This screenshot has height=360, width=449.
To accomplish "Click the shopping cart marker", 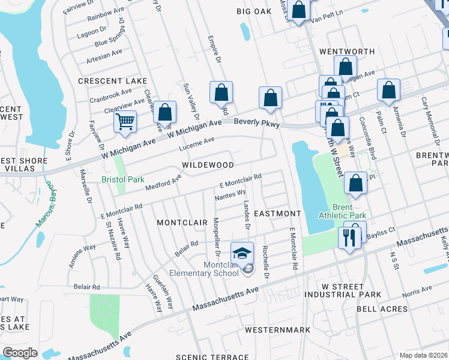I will [x=125, y=122].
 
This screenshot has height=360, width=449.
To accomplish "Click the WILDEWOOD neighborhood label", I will [x=208, y=164].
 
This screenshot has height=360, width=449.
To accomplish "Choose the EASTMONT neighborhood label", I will [x=277, y=214].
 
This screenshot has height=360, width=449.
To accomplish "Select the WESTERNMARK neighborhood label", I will [x=277, y=330].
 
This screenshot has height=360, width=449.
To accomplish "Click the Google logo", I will [x=20, y=353].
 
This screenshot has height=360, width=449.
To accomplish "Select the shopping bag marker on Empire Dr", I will [x=221, y=93].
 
